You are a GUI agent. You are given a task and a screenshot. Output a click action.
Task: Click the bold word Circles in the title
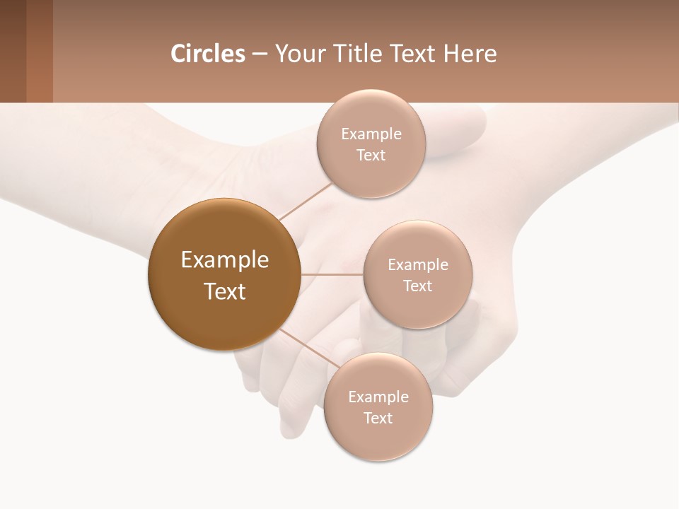tap(207, 54)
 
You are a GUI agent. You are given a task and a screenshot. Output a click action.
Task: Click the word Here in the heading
tap(470, 54)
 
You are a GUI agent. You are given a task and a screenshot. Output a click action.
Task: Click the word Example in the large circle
tap(225, 260)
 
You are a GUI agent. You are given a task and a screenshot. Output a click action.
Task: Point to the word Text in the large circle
tap(225, 291)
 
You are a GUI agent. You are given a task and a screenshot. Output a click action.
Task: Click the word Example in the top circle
tap(371, 134)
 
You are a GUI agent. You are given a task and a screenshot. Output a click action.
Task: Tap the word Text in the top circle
tap(371, 156)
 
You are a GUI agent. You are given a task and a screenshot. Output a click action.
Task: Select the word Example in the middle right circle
tap(418, 265)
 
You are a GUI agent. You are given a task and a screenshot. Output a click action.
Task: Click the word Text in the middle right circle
tap(417, 286)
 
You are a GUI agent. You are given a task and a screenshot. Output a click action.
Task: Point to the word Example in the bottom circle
tap(378, 397)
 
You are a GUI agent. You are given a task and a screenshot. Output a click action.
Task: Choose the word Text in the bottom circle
tap(378, 419)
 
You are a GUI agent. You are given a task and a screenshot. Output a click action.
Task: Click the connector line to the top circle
tap(305, 201)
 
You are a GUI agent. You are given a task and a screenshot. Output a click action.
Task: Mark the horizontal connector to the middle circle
tap(332, 274)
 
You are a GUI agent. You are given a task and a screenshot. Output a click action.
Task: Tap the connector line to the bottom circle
tap(310, 348)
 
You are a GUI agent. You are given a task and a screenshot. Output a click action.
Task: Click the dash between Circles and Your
tap(260, 54)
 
